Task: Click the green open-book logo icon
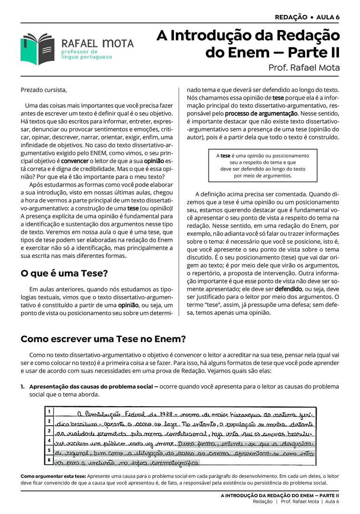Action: coord(37,48)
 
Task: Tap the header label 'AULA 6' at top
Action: coord(328,17)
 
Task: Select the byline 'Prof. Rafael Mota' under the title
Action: coord(304,67)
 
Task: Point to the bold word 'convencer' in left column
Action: coord(75,161)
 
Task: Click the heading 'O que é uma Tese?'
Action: coord(64,273)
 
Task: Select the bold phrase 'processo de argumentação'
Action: coord(261,113)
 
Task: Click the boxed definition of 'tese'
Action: coord(262,165)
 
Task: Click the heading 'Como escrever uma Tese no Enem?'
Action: coord(103,339)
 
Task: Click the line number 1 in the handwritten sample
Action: coord(49,411)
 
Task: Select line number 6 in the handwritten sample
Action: coord(49,460)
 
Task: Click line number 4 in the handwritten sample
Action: coord(49,440)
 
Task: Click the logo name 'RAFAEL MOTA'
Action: coord(97,44)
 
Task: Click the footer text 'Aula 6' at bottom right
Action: coord(332,501)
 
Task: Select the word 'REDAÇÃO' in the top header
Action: coord(291,17)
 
